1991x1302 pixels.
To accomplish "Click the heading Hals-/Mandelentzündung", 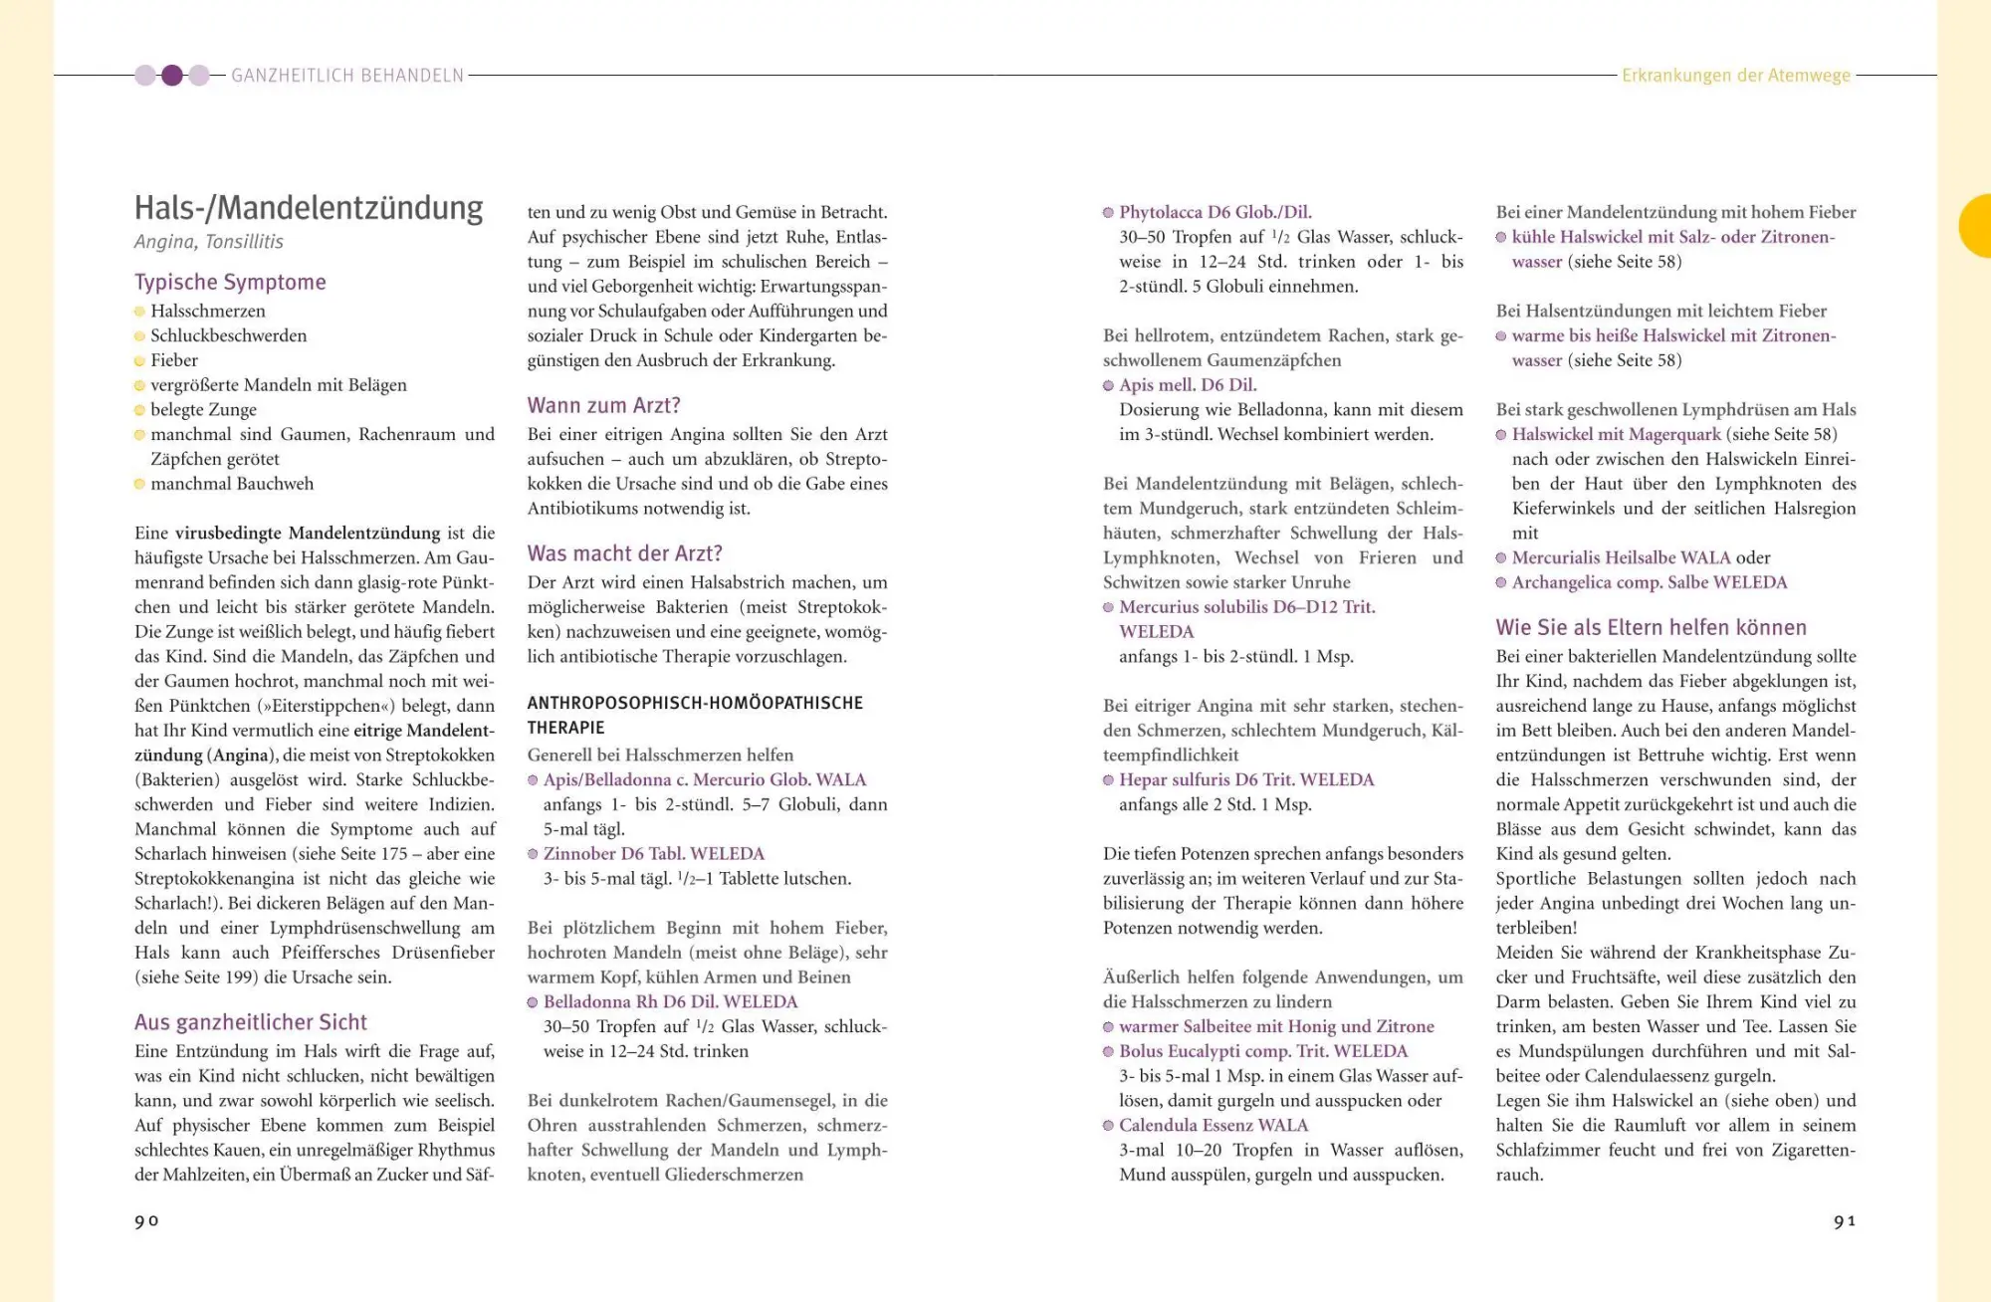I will point(309,208).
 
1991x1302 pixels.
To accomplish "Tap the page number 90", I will point(146,1221).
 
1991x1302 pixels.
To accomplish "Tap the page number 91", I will point(1845,1221).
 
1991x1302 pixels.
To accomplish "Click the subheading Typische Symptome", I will point(230,283).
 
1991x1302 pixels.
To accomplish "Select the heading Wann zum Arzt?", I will point(603,406).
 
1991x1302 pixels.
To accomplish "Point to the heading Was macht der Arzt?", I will point(624,553).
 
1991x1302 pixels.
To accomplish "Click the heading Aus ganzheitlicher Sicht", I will point(251,1022).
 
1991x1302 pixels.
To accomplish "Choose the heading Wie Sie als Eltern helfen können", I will point(1651,628).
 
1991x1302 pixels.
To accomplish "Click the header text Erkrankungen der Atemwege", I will point(1735,76).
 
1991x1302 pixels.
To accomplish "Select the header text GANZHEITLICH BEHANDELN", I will point(347,76).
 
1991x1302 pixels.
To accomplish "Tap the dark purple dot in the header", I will point(172,76).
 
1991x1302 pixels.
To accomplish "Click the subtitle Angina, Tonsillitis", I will point(209,242).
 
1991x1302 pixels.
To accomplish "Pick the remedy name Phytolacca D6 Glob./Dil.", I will point(1215,212).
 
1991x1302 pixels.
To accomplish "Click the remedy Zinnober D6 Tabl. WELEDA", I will point(653,854).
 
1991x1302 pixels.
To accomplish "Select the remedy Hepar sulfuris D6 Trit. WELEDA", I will point(1245,780).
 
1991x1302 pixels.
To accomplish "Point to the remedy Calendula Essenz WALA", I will point(1213,1126).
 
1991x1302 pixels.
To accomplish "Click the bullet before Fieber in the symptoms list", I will point(139,361).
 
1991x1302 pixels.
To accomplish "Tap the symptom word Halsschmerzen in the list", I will point(207,312).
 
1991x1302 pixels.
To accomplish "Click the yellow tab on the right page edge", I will point(1977,226).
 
